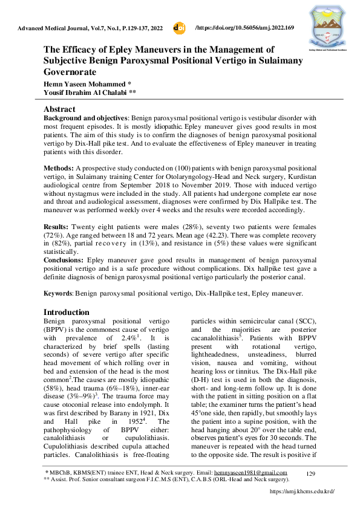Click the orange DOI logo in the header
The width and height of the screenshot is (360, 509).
pyautogui.click(x=179, y=28)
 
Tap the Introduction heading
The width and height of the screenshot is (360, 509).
pyautogui.click(x=71, y=313)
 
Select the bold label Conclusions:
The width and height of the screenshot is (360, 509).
pyautogui.click(x=67, y=260)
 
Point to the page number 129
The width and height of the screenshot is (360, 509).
pyautogui.click(x=312, y=473)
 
